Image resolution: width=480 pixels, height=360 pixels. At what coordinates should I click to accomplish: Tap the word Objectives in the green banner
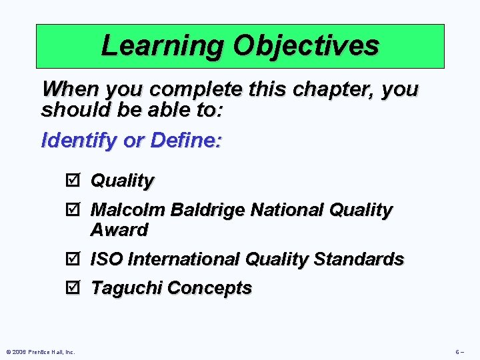(306, 45)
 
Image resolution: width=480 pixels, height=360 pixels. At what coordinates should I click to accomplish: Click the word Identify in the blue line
(73, 141)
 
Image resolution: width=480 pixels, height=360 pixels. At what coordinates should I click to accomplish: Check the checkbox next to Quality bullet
(73, 181)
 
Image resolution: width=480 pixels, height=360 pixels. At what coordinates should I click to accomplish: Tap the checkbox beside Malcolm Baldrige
(73, 210)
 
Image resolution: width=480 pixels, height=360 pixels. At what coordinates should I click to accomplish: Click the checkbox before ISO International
(73, 259)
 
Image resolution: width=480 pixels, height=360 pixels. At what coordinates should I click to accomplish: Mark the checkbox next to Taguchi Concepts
(73, 288)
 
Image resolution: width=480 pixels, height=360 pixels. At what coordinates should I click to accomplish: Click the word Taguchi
(127, 288)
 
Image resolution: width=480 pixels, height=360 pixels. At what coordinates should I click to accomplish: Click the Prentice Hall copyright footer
(41, 351)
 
